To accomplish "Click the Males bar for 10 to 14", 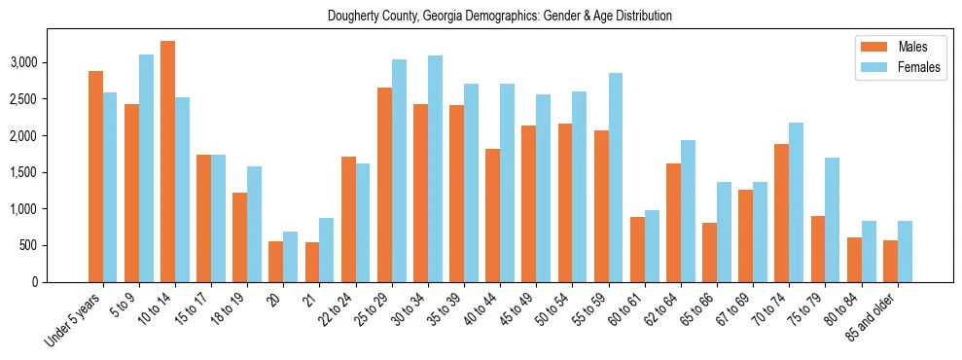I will [x=167, y=162].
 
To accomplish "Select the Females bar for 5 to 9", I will [x=146, y=168].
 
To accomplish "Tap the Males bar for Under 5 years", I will [x=95, y=176].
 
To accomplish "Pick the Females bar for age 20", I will [x=290, y=257].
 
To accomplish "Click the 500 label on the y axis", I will [x=56, y=245].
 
